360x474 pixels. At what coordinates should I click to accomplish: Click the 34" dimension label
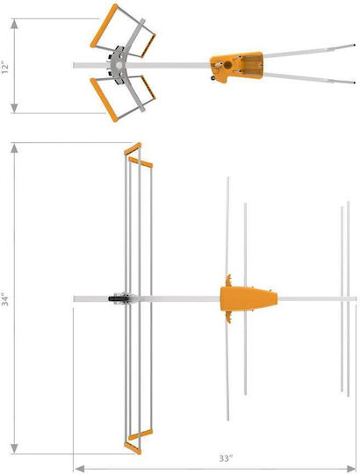coord(6,299)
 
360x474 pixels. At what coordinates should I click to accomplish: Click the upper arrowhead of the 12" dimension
coord(14,24)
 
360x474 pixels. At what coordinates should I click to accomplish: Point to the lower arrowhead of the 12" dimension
coord(14,108)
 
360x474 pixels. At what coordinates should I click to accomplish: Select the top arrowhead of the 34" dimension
coord(14,147)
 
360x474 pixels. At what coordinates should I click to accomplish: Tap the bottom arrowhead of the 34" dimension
coord(14,449)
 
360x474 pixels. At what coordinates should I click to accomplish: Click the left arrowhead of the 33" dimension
coord(79,469)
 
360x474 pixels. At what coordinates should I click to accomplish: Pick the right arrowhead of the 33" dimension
coord(351,469)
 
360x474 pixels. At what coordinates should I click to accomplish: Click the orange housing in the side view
coord(237,66)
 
